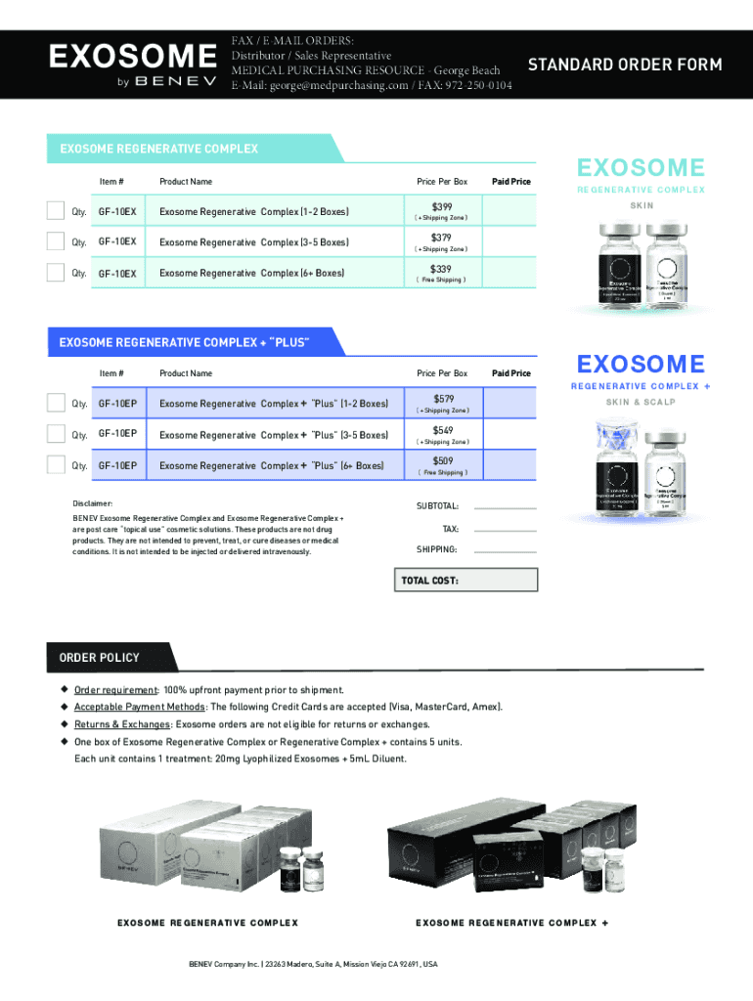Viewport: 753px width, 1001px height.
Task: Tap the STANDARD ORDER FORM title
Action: point(625,65)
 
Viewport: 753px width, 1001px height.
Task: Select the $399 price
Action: point(442,206)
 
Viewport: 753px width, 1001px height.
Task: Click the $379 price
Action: point(442,238)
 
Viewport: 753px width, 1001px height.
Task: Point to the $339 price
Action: point(442,269)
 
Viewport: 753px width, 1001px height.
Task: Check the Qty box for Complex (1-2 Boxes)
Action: point(56,210)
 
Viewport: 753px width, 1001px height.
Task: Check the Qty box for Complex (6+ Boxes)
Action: point(56,272)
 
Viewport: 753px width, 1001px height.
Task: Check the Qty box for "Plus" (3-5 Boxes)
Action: point(56,433)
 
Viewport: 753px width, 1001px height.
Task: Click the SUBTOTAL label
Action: point(437,507)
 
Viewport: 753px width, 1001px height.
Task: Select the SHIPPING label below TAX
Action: point(436,549)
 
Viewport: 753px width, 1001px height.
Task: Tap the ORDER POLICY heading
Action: point(100,658)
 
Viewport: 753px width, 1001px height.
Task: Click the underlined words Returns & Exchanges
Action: point(122,724)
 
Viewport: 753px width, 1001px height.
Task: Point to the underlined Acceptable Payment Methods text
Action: point(140,707)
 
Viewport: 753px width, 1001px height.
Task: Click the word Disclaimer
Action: point(93,504)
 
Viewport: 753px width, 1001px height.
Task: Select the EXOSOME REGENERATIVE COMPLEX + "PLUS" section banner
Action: point(185,342)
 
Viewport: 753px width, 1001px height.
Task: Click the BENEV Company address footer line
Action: point(313,964)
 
